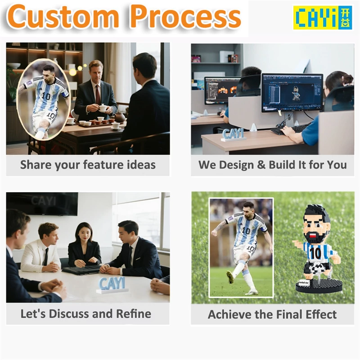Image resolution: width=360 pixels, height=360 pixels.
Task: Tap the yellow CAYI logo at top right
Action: coord(316,18)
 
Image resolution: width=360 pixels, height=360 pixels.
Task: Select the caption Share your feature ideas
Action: coord(88,165)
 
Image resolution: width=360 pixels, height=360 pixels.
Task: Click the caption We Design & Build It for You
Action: coord(273,165)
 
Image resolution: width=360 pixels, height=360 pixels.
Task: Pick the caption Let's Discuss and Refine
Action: coord(86,314)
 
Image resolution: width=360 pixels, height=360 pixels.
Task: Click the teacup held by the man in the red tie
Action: coord(103,108)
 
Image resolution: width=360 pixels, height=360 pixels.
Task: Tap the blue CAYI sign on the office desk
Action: coord(233,134)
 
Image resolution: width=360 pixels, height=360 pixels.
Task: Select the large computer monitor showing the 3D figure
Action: coord(292,93)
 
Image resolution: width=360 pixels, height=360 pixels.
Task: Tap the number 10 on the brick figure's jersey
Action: coord(315,253)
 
